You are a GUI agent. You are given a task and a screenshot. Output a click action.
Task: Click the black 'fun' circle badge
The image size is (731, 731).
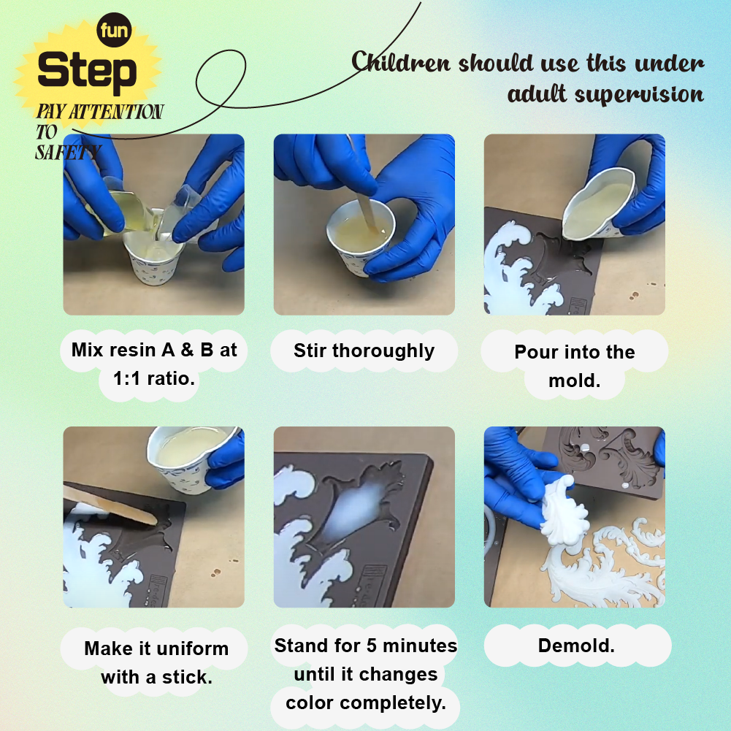114,30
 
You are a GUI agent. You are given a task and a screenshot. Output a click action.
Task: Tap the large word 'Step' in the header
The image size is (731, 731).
87,71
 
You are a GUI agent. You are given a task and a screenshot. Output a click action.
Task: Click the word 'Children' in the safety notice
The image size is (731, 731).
401,61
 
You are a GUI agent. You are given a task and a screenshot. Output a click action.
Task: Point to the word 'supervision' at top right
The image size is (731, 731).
639,95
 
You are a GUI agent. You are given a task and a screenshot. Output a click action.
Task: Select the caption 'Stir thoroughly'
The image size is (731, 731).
364,351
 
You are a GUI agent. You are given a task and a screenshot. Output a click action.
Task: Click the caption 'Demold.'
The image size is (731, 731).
576,646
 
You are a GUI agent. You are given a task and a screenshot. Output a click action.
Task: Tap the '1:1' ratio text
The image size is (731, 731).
126,378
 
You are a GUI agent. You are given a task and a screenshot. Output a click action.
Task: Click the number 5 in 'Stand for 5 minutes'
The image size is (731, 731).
372,646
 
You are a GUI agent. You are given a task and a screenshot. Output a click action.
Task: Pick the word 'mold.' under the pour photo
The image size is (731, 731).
574,381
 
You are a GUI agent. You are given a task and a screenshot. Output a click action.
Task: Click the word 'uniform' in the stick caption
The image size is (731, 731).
192,648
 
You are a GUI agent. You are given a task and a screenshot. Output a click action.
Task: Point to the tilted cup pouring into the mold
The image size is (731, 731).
599,203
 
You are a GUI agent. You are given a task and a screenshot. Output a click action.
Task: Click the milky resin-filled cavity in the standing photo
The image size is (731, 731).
354,508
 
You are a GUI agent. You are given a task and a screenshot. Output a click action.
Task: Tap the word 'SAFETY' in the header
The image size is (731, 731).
68,152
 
